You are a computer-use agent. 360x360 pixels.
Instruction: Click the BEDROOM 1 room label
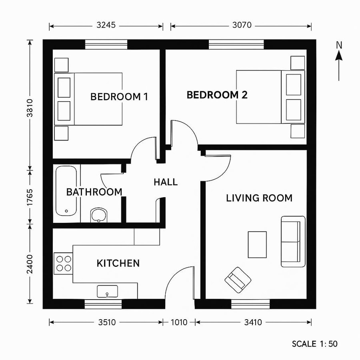[x=119, y=96]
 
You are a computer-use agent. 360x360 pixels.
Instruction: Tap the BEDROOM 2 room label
[x=217, y=95]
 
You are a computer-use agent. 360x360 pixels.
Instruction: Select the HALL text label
[x=166, y=182]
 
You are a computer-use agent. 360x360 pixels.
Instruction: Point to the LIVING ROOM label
[x=259, y=198]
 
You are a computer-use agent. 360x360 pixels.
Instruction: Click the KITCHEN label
[x=118, y=263]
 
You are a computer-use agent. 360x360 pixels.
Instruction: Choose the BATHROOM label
[x=94, y=192]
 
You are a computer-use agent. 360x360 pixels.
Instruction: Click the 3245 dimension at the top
[x=106, y=26]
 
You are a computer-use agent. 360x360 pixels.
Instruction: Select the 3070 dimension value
[x=242, y=26]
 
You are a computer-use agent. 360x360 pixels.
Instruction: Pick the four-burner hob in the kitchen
[x=63, y=263]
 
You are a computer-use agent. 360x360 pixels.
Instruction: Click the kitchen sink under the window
[x=107, y=292]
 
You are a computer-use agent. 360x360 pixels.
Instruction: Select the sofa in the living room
[x=293, y=242]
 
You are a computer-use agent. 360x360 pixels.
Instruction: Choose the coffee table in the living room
[x=257, y=244]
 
